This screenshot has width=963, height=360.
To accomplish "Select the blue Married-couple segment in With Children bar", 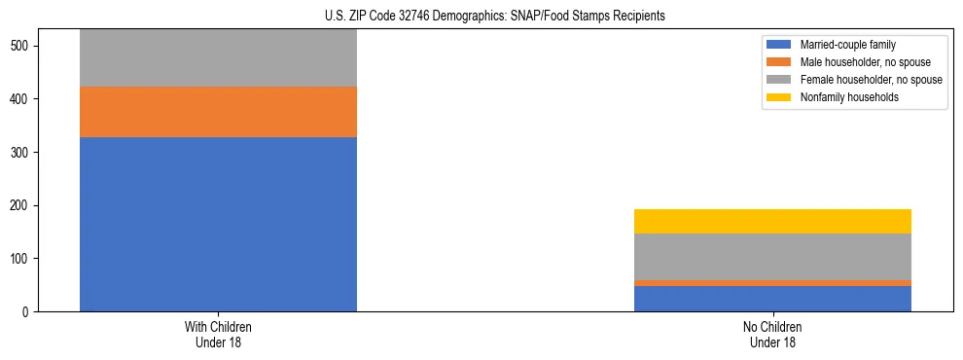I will coord(218,224).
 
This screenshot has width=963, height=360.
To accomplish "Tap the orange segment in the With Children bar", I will coord(218,112).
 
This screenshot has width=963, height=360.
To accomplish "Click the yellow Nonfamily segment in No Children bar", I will coord(772,221).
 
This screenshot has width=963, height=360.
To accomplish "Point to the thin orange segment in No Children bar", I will coord(772,283).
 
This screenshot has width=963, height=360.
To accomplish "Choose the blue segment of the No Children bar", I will coord(772,299).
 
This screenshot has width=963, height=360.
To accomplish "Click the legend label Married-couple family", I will coord(847,45).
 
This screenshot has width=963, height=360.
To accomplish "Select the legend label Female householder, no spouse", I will coord(871,80).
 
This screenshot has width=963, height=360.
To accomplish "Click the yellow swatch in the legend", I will coord(778,97).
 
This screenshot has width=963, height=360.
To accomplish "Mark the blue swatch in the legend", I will coord(778,45).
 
